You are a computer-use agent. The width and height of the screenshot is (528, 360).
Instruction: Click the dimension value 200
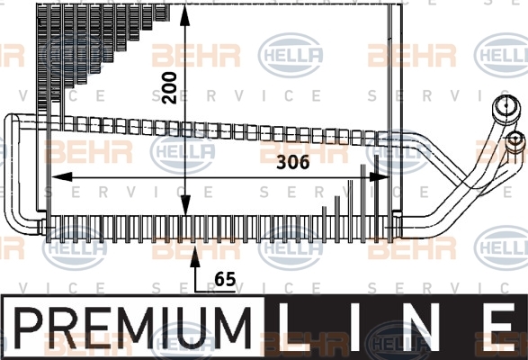(169, 87)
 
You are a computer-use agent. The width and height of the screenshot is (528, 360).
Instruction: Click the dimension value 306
(293, 163)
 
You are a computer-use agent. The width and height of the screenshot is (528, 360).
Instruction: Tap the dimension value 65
(225, 279)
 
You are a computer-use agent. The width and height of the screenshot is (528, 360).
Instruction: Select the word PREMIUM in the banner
(132, 328)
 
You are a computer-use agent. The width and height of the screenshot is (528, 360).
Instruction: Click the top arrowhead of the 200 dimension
(185, 15)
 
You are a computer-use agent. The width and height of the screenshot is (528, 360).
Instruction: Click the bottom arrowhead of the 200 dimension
(185, 205)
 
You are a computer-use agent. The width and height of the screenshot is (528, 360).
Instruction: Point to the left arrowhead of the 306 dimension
(62, 176)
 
